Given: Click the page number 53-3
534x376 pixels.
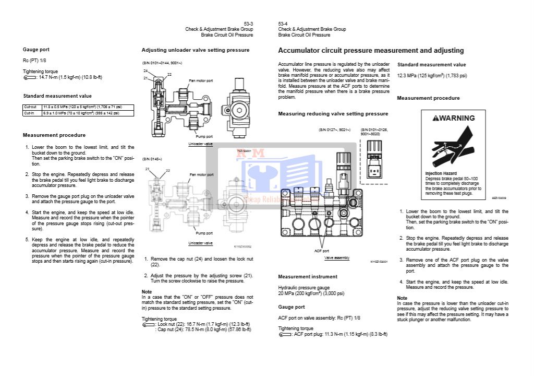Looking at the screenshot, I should click(248, 23).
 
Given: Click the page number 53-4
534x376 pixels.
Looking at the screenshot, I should click(283, 23).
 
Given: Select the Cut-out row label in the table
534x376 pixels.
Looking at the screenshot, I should click(30, 107).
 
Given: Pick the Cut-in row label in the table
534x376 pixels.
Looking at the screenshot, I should click(29, 113).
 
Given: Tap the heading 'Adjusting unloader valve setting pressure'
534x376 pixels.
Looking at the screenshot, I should click(196, 50).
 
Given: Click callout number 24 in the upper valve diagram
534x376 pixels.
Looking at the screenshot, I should click(145, 70).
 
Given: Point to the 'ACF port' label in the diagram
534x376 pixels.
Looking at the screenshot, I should click(322, 251).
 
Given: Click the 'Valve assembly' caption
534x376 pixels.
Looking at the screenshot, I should click(337, 258).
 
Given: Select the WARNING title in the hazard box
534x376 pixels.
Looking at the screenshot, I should click(454, 118).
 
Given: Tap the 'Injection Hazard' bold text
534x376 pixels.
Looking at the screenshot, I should click(441, 173).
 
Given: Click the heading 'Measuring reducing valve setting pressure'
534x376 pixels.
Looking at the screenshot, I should click(333, 114).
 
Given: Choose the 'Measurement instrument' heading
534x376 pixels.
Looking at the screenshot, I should click(308, 277).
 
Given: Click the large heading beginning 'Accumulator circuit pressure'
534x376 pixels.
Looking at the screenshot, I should click(371, 51).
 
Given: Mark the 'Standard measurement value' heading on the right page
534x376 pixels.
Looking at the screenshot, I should click(431, 65).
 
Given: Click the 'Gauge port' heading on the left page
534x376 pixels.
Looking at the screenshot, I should click(36, 50).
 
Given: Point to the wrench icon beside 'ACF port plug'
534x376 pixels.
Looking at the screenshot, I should click(285, 334).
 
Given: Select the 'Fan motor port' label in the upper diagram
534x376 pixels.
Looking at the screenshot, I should click(201, 81).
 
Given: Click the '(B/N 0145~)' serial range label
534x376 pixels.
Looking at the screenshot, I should click(152, 159).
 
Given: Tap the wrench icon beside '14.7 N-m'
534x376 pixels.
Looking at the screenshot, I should click(29, 77).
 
